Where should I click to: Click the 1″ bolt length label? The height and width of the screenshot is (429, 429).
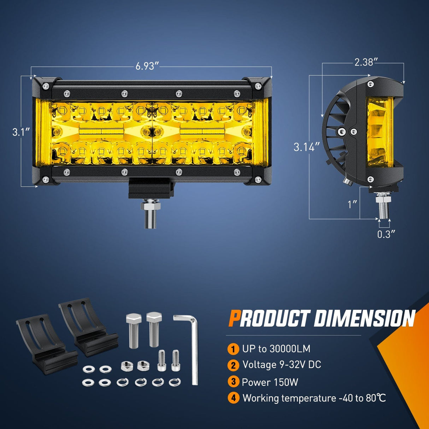pyautogui.click(x=352, y=204)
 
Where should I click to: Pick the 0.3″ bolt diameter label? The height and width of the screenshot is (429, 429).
pyautogui.click(x=386, y=234)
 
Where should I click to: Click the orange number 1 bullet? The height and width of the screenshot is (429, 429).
pyautogui.click(x=233, y=349)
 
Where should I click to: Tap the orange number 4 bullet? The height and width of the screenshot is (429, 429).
pyautogui.click(x=233, y=398)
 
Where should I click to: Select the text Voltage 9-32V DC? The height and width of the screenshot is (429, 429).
pyautogui.click(x=282, y=365)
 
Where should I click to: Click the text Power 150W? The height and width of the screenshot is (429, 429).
pyautogui.click(x=270, y=382)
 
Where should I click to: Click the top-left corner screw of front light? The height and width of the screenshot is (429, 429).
pyautogui.click(x=45, y=86)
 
